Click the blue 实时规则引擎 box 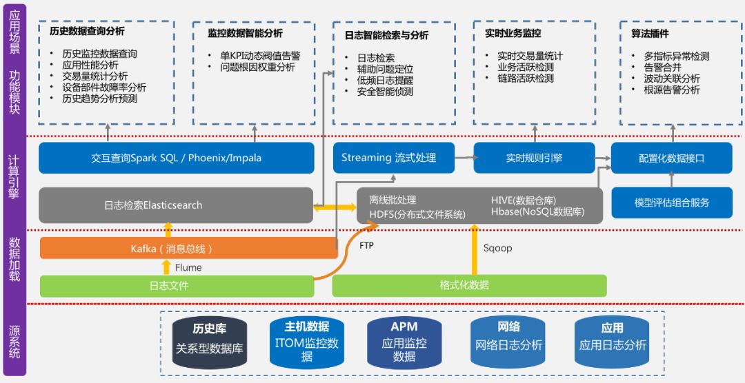click(534, 158)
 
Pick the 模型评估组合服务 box click(671, 203)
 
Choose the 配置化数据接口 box click(671, 158)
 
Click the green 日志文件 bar click(170, 285)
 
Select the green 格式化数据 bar click(469, 285)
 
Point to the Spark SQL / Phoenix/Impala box click(177, 158)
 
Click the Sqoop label click(497, 248)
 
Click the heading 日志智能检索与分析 click(386, 35)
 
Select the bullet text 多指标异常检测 click(676, 56)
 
